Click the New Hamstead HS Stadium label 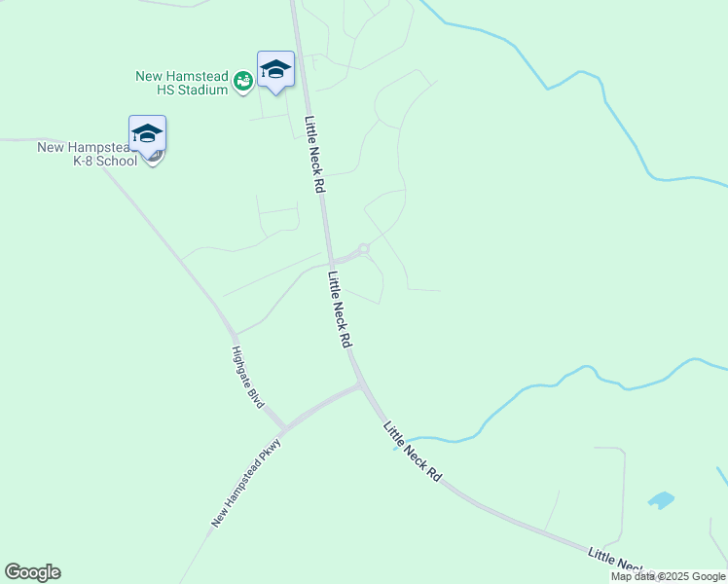pos(181,83)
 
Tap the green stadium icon pos(243,83)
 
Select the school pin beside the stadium pos(275,70)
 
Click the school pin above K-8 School pos(147,134)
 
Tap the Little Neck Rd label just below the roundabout pos(340,310)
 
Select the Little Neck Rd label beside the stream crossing pos(413,453)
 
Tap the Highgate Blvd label pos(248,377)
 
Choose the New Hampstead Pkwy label pos(246,484)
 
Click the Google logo pos(32,572)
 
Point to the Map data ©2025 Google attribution pos(669,576)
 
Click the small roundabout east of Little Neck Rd pos(364,249)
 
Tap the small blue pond pos(661,500)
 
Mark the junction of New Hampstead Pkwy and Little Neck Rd pos(361,385)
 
